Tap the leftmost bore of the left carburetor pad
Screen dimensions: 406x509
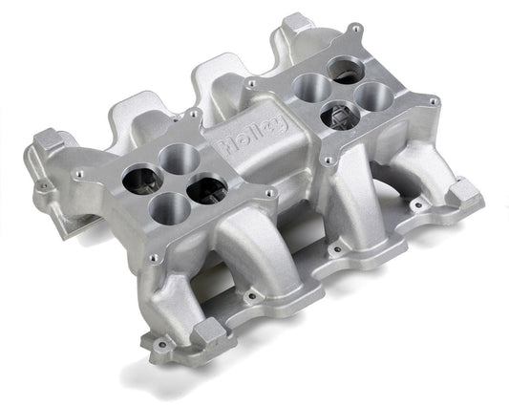pyautogui.click(x=139, y=178)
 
